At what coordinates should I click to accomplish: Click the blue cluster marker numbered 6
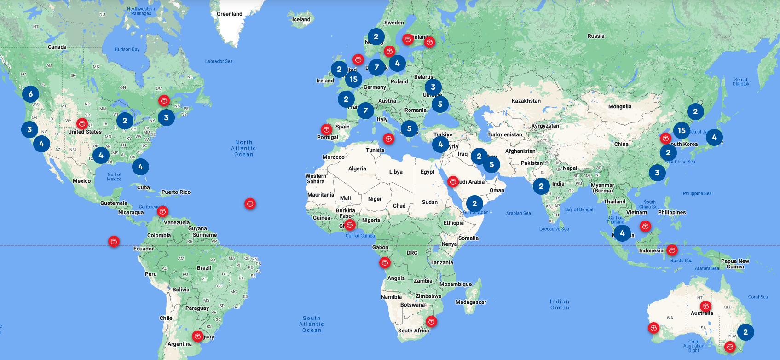[x=30, y=94]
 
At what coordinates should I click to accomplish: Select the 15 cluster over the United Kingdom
[x=353, y=79]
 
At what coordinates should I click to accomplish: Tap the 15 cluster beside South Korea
[x=682, y=130]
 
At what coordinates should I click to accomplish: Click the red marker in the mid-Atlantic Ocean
[x=250, y=203]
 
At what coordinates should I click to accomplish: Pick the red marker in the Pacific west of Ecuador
[x=114, y=241]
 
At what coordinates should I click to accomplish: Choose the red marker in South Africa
[x=431, y=321]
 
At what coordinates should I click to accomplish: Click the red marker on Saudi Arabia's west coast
[x=453, y=181]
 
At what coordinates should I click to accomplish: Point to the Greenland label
[x=229, y=14]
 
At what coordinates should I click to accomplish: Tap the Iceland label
[x=301, y=19]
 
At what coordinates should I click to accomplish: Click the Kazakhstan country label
[x=526, y=101]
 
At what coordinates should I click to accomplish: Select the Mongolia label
[x=619, y=106]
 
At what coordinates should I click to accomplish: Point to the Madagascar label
[x=470, y=302]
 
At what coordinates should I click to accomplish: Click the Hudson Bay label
[x=127, y=49]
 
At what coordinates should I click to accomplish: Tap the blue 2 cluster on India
[x=541, y=186]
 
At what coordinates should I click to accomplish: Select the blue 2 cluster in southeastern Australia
[x=745, y=332]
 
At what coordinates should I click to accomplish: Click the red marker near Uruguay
[x=197, y=336]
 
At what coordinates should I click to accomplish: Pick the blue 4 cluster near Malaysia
[x=622, y=233]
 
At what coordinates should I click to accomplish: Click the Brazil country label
[x=204, y=268]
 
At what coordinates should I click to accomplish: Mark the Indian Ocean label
[x=560, y=304]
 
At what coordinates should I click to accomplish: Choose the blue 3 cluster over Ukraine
[x=433, y=87]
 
